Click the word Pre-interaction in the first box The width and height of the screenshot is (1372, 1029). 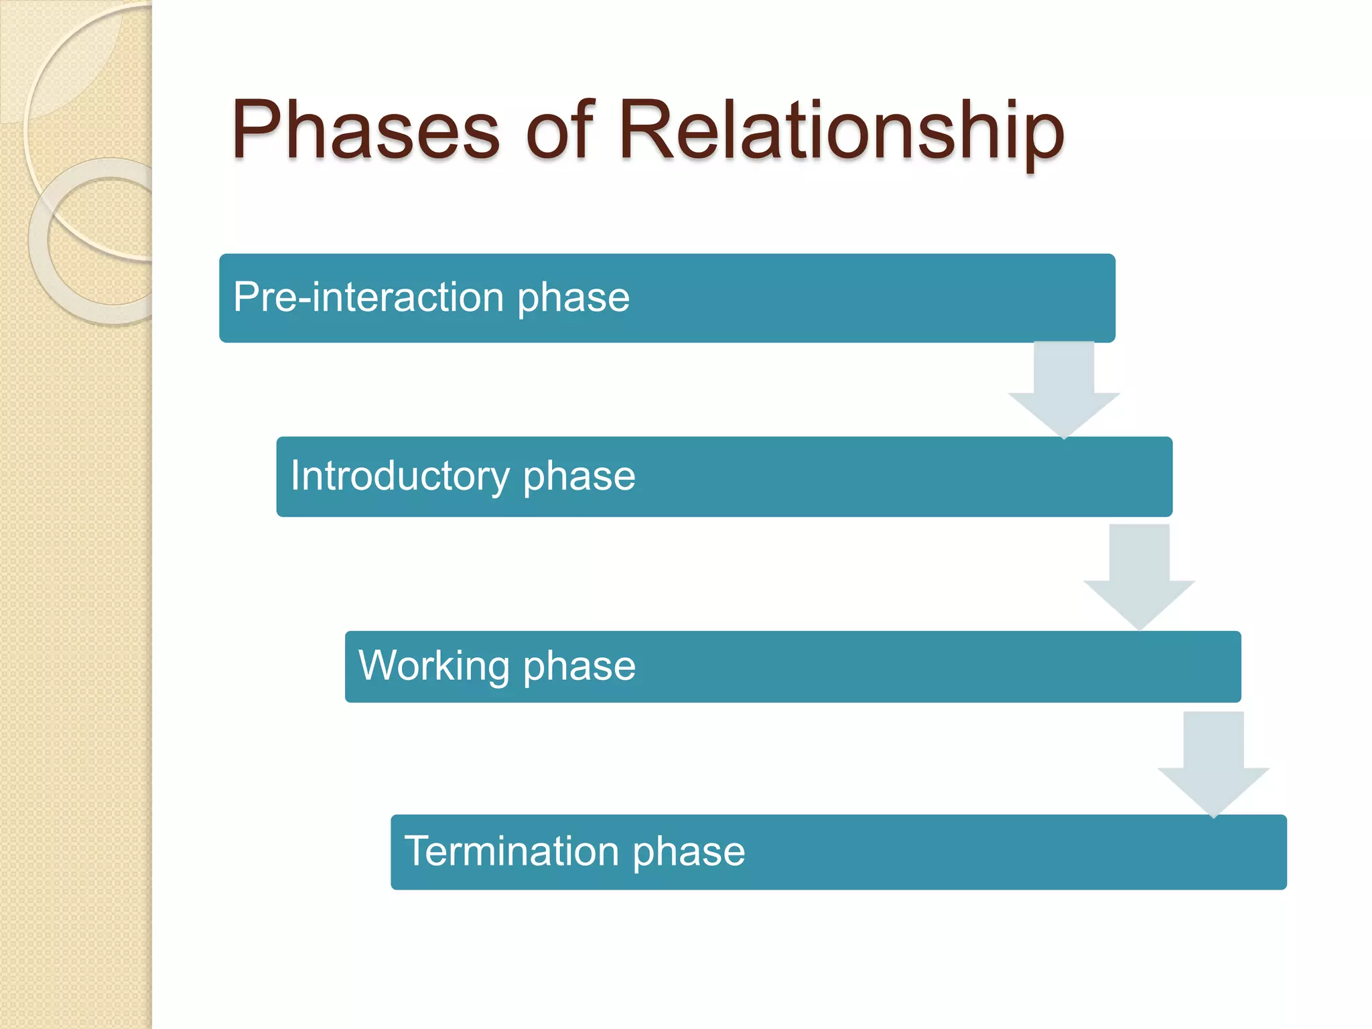click(368, 297)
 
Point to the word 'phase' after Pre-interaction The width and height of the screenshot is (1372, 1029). click(573, 297)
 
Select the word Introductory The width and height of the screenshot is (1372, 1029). click(400, 476)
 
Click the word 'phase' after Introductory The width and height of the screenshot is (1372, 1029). click(579, 476)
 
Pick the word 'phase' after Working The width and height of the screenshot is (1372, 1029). click(579, 666)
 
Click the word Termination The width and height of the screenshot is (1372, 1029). click(512, 851)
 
